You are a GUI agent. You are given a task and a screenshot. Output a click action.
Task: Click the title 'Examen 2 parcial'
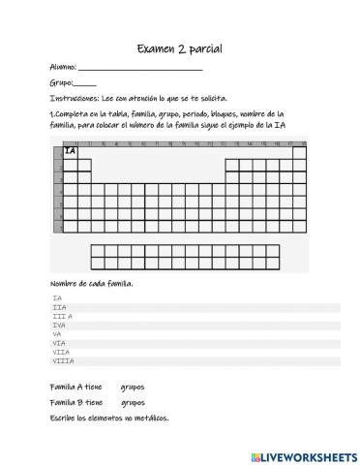pos(179,49)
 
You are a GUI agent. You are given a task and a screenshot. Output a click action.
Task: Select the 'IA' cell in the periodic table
pos(70,151)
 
